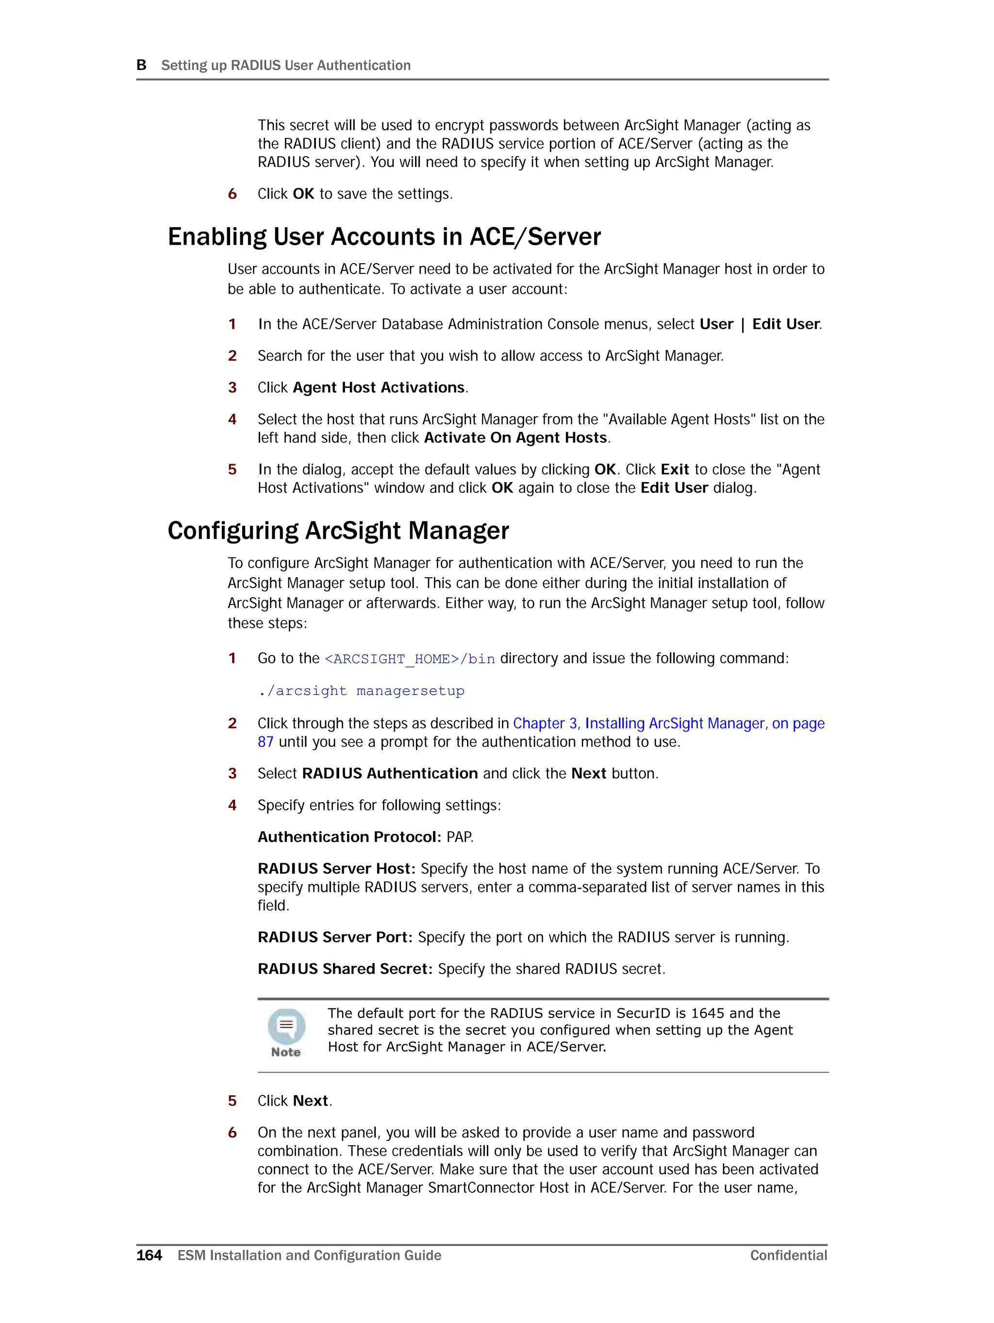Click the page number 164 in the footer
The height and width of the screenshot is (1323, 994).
click(149, 1255)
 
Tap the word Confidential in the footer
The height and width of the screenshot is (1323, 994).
click(788, 1255)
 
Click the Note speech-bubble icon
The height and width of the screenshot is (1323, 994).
click(286, 1027)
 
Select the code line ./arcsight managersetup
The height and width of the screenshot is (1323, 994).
click(361, 691)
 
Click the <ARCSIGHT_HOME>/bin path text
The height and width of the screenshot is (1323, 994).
click(410, 658)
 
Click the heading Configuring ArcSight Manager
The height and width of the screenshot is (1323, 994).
click(338, 531)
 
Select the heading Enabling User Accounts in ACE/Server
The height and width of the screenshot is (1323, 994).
click(384, 237)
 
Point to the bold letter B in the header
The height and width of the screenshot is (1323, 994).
click(141, 65)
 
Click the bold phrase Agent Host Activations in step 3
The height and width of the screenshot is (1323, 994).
click(379, 387)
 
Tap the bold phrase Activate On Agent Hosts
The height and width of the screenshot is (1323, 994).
click(515, 438)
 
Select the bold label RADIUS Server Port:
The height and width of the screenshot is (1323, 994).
click(335, 937)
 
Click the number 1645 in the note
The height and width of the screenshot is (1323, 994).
click(708, 1013)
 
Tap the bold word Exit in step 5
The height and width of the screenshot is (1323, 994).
click(675, 469)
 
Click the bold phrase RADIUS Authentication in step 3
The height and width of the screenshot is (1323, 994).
click(390, 773)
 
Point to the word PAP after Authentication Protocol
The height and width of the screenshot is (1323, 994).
click(459, 837)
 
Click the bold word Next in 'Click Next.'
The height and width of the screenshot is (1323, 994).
click(311, 1101)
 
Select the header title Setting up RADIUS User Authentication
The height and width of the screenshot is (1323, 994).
click(286, 65)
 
